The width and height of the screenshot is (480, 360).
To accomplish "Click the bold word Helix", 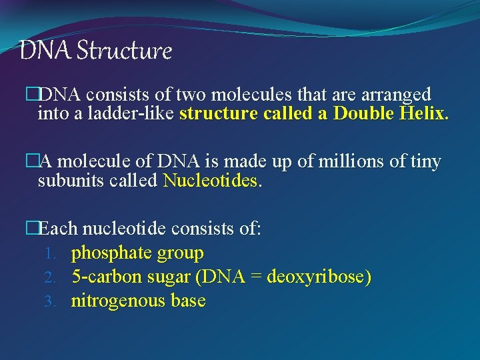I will [x=423, y=113].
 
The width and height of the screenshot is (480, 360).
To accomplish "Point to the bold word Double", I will [x=361, y=113].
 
